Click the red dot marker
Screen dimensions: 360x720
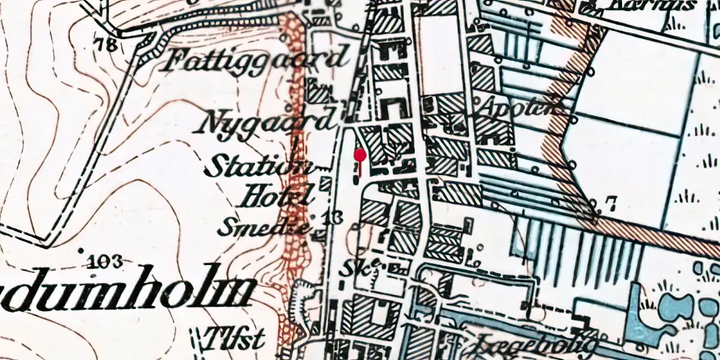click(x=360, y=154)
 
